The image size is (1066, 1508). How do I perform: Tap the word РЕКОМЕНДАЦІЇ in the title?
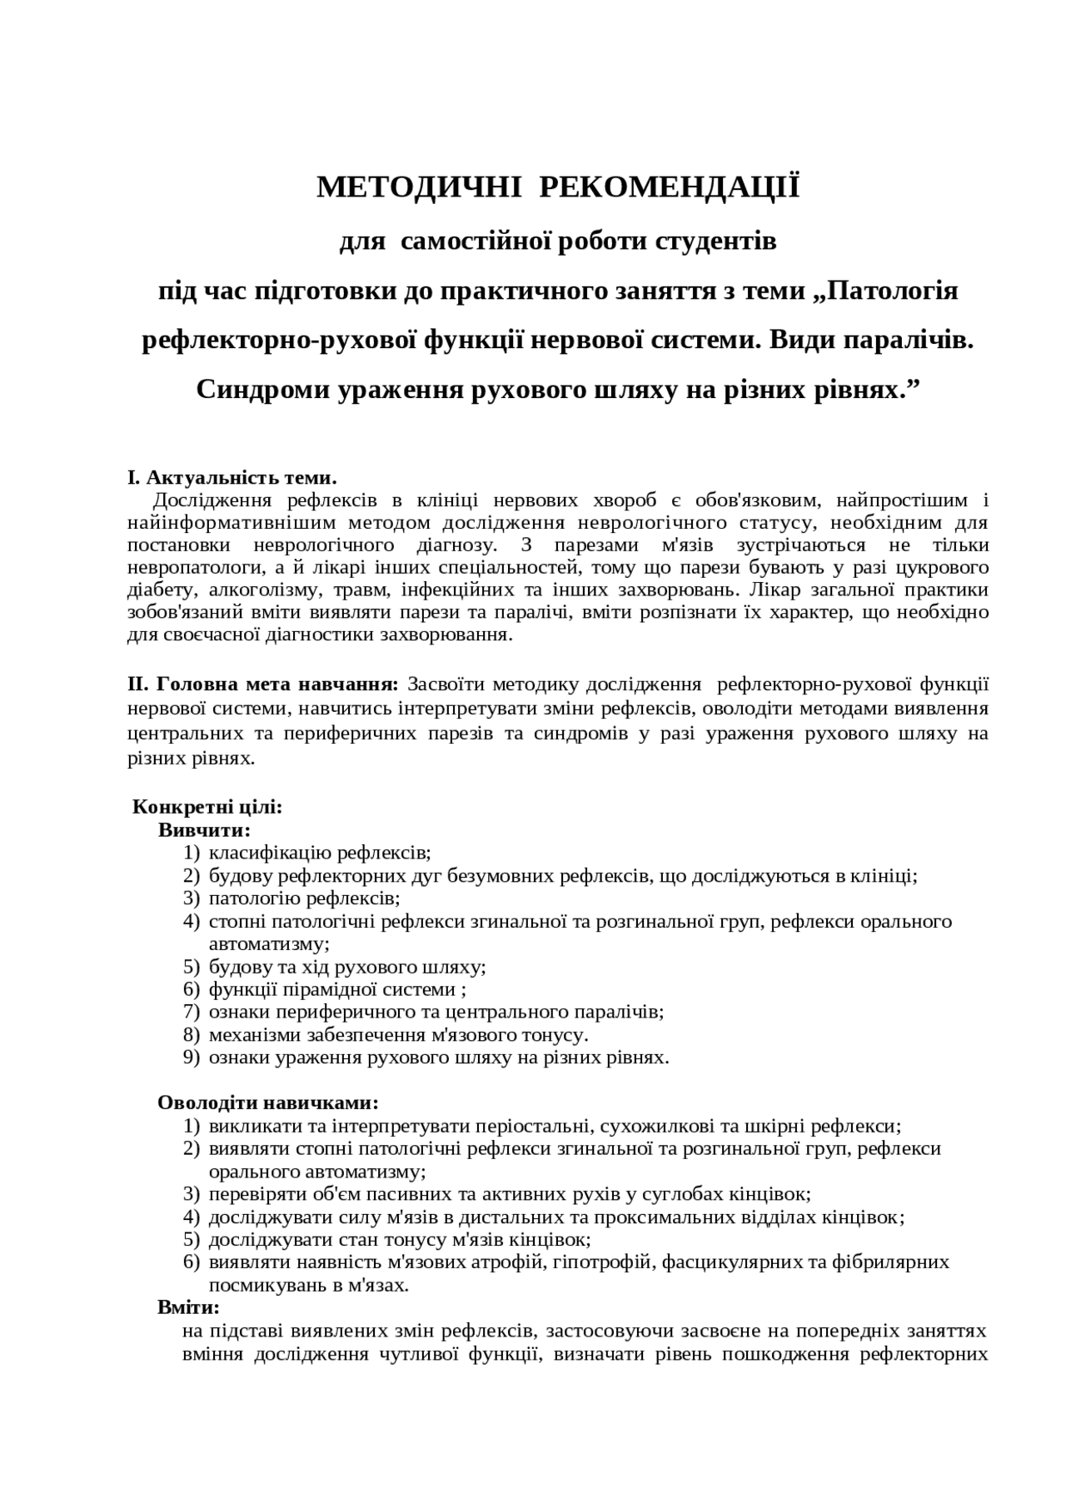670,187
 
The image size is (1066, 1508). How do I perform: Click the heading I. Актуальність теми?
232,478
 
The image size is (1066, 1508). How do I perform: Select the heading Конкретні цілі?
207,807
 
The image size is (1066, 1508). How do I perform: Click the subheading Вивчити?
204,830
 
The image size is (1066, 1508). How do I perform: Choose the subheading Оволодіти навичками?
267,1102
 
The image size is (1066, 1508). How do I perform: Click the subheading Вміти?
188,1307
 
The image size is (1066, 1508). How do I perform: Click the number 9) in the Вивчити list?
192,1058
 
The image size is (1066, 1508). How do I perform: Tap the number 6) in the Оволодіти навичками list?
192,1262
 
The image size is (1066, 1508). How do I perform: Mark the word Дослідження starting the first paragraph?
212,500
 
